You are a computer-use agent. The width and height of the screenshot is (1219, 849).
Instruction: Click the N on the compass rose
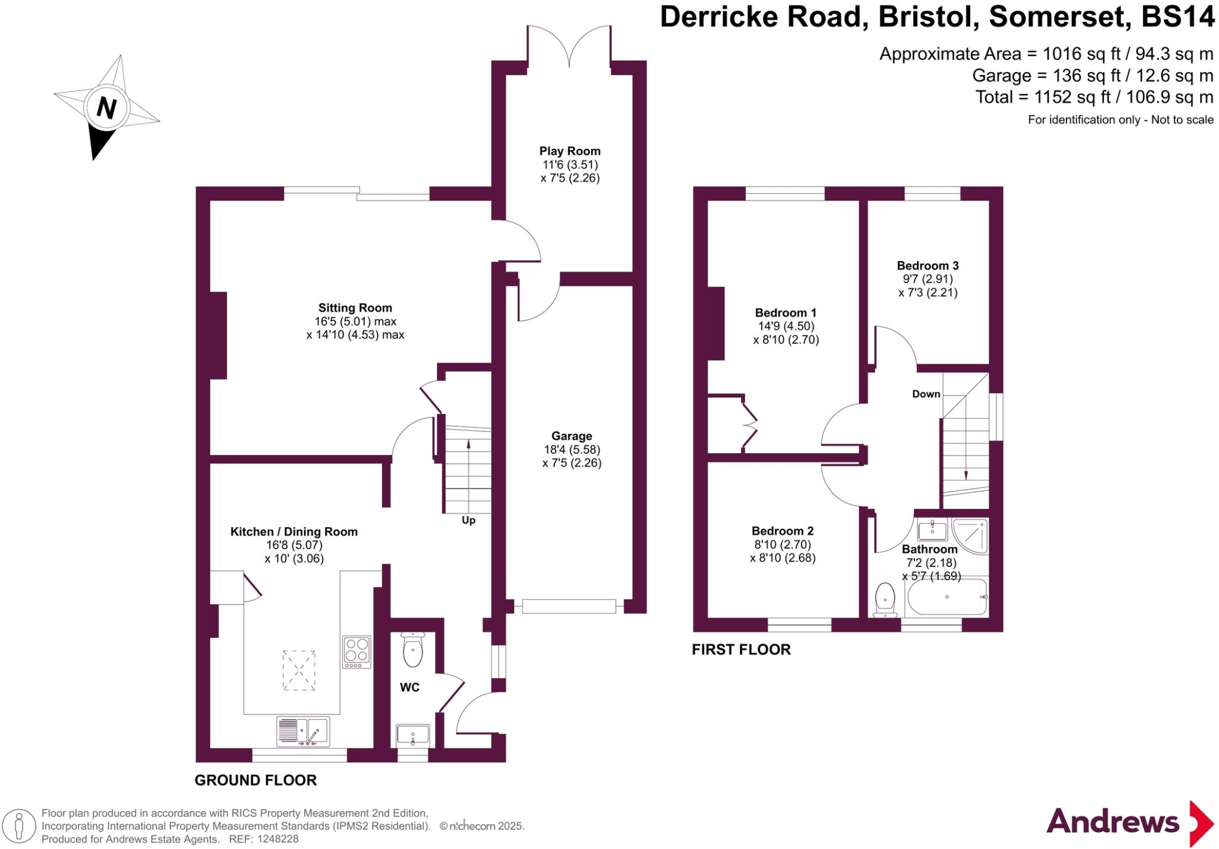pos(106,108)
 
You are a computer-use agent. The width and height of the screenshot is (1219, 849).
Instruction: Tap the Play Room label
pos(570,151)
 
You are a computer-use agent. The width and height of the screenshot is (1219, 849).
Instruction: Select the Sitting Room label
pos(355,308)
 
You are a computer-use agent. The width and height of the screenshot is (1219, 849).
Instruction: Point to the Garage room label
pos(571,436)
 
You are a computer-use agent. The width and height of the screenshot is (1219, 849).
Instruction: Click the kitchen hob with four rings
pos(357,651)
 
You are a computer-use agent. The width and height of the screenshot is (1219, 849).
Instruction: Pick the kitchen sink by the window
pos(303,731)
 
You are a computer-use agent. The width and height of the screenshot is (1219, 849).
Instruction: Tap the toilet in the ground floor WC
pos(412,650)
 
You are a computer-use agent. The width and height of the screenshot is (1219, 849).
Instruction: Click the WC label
pos(410,688)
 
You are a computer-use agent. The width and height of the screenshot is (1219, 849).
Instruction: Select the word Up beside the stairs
pos(468,521)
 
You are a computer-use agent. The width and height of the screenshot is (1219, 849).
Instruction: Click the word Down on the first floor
pos(926,394)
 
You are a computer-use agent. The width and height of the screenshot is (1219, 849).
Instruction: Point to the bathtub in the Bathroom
pos(946,597)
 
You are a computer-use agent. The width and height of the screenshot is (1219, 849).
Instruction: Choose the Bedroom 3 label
pos(927,265)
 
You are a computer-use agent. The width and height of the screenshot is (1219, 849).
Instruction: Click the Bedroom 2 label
pos(782,531)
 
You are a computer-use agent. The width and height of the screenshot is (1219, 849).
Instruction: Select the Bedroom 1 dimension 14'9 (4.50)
pos(786,326)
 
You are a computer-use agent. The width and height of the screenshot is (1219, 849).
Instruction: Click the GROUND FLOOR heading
pos(255,780)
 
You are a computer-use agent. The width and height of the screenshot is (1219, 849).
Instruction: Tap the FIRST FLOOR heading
pos(741,650)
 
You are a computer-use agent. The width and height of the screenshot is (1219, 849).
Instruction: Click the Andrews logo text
pos(1112,822)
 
